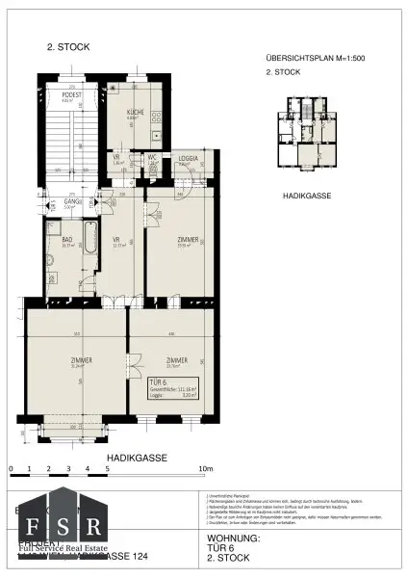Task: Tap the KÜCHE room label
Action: coord(135,113)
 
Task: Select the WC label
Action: coord(152,158)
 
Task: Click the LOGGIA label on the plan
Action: coord(188,158)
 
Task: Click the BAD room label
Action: coord(67,240)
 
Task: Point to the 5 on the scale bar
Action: coord(107,469)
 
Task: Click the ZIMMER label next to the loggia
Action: coord(188,240)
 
